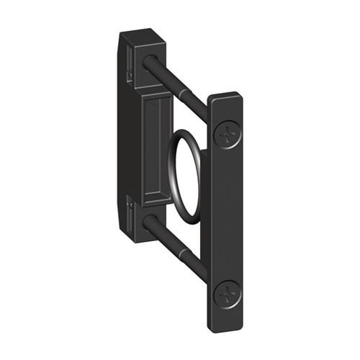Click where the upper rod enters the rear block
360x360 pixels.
click(148, 64)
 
